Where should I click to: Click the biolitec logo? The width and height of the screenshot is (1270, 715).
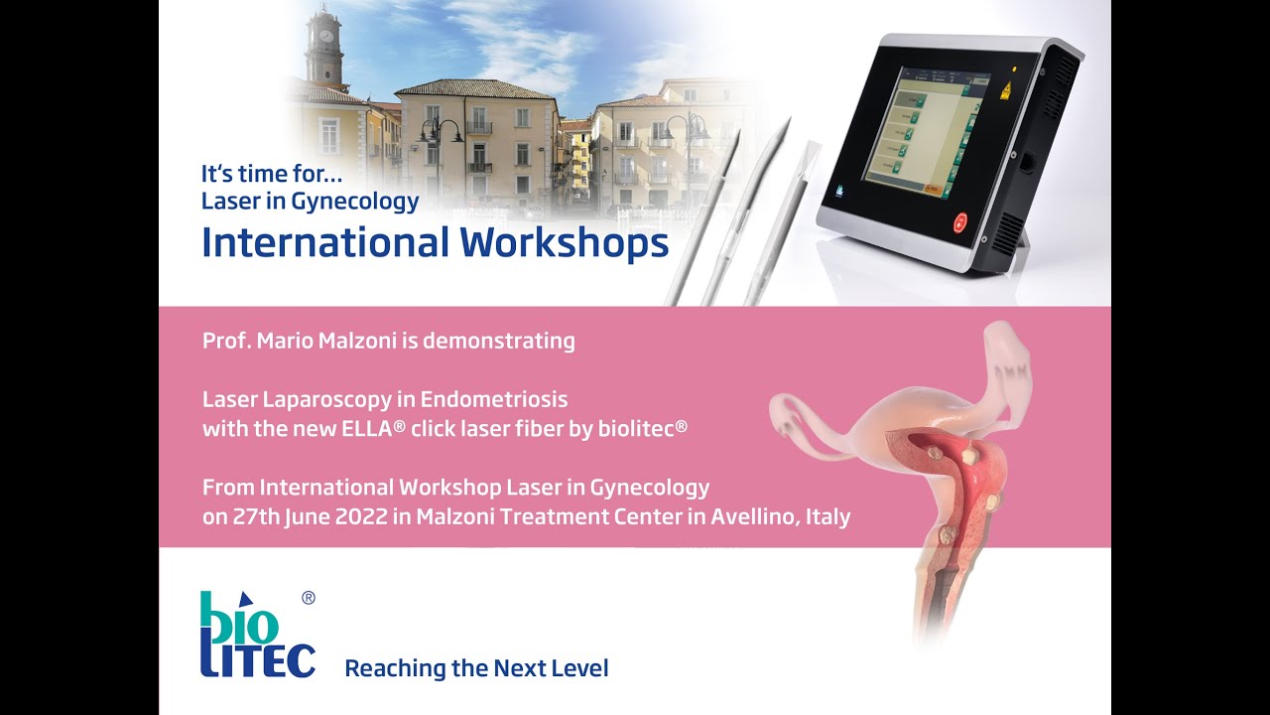(257, 636)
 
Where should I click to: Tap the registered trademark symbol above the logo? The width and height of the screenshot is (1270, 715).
(309, 598)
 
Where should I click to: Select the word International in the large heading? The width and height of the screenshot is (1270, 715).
(325, 242)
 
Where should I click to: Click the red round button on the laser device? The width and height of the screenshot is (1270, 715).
(959, 222)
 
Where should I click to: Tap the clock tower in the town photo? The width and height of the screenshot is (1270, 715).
(322, 48)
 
